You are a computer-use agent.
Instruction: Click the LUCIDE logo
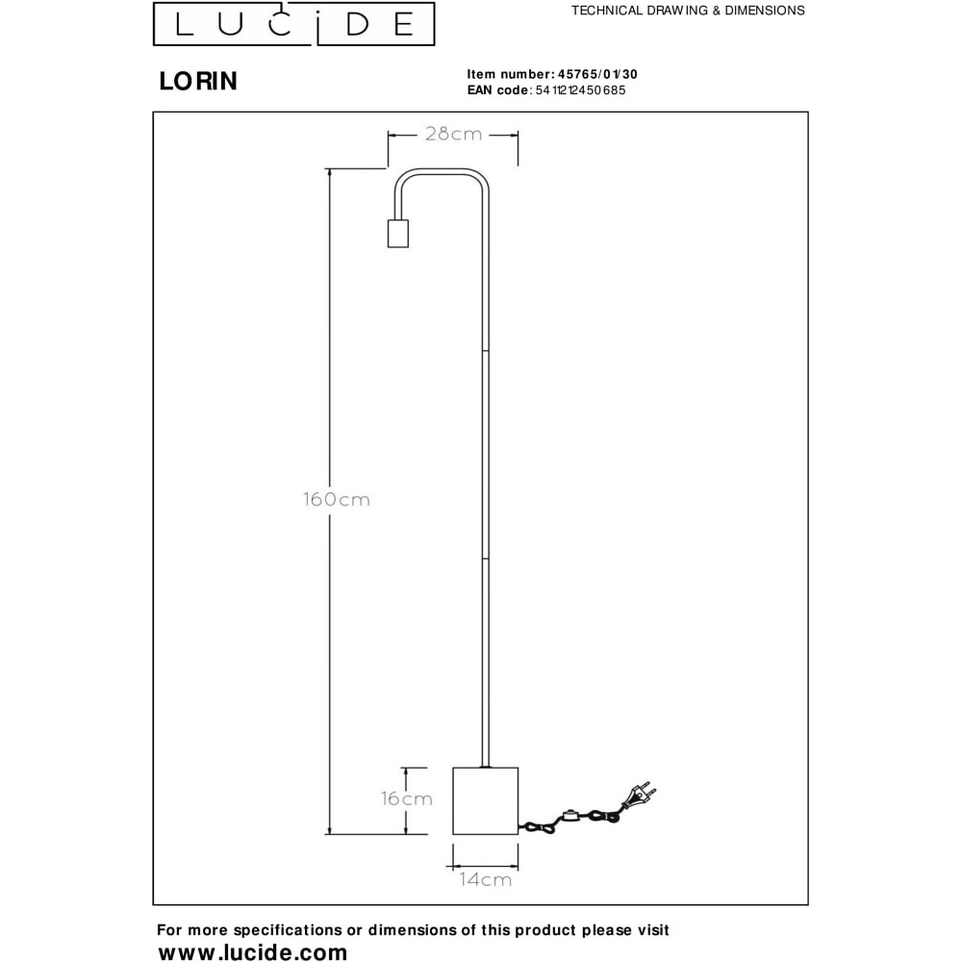point(293,24)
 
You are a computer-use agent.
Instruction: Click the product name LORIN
point(198,81)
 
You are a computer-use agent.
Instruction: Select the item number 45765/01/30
point(597,74)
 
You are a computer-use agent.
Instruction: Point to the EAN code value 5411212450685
point(580,90)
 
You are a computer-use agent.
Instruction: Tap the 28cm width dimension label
point(453,135)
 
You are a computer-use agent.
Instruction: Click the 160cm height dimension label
point(337,499)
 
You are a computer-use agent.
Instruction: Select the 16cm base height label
point(406,798)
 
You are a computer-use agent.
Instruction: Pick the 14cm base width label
point(485,880)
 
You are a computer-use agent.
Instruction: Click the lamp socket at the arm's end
point(398,234)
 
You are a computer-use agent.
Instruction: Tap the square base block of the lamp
point(485,800)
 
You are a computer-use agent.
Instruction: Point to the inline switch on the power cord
point(571,816)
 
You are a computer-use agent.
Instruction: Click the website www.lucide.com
point(253,951)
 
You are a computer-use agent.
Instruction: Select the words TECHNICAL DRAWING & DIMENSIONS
point(688,11)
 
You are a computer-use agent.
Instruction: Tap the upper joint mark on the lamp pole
point(485,351)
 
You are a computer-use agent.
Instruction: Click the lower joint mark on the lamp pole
point(485,559)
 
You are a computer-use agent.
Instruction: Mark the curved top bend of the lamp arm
point(442,172)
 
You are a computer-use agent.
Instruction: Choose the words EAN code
point(497,90)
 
